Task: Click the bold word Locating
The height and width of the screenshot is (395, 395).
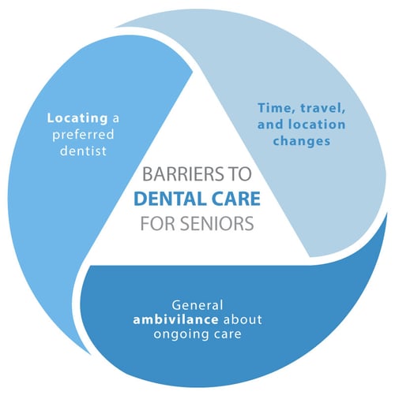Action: point(77,118)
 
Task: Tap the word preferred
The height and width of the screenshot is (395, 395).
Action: point(83,135)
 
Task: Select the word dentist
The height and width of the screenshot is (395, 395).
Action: point(83,151)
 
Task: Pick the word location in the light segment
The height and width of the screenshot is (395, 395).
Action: point(317,125)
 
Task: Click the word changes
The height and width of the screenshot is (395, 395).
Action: point(302,141)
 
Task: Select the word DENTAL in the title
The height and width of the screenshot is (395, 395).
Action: point(170,199)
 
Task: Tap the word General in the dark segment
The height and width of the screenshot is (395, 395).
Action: point(197,305)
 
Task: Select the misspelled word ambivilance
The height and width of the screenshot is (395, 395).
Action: point(175,320)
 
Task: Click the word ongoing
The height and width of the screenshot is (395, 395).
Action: point(180,335)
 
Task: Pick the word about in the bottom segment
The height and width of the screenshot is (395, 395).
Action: point(243,320)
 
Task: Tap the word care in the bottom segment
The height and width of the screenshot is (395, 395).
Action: point(227,335)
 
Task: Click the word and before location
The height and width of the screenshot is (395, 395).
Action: point(270,125)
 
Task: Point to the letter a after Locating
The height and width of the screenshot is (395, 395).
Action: point(116,119)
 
